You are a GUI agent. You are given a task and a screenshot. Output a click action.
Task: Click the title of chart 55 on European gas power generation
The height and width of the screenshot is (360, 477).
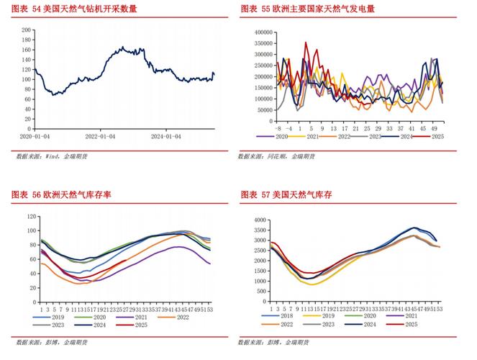(307, 9)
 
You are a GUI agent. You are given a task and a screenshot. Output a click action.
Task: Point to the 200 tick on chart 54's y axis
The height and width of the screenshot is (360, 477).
(26, 30)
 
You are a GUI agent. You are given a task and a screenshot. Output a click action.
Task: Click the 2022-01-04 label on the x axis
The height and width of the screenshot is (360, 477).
(101, 135)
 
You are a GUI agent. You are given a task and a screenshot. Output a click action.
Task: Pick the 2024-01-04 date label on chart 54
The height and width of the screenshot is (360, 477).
(167, 135)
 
